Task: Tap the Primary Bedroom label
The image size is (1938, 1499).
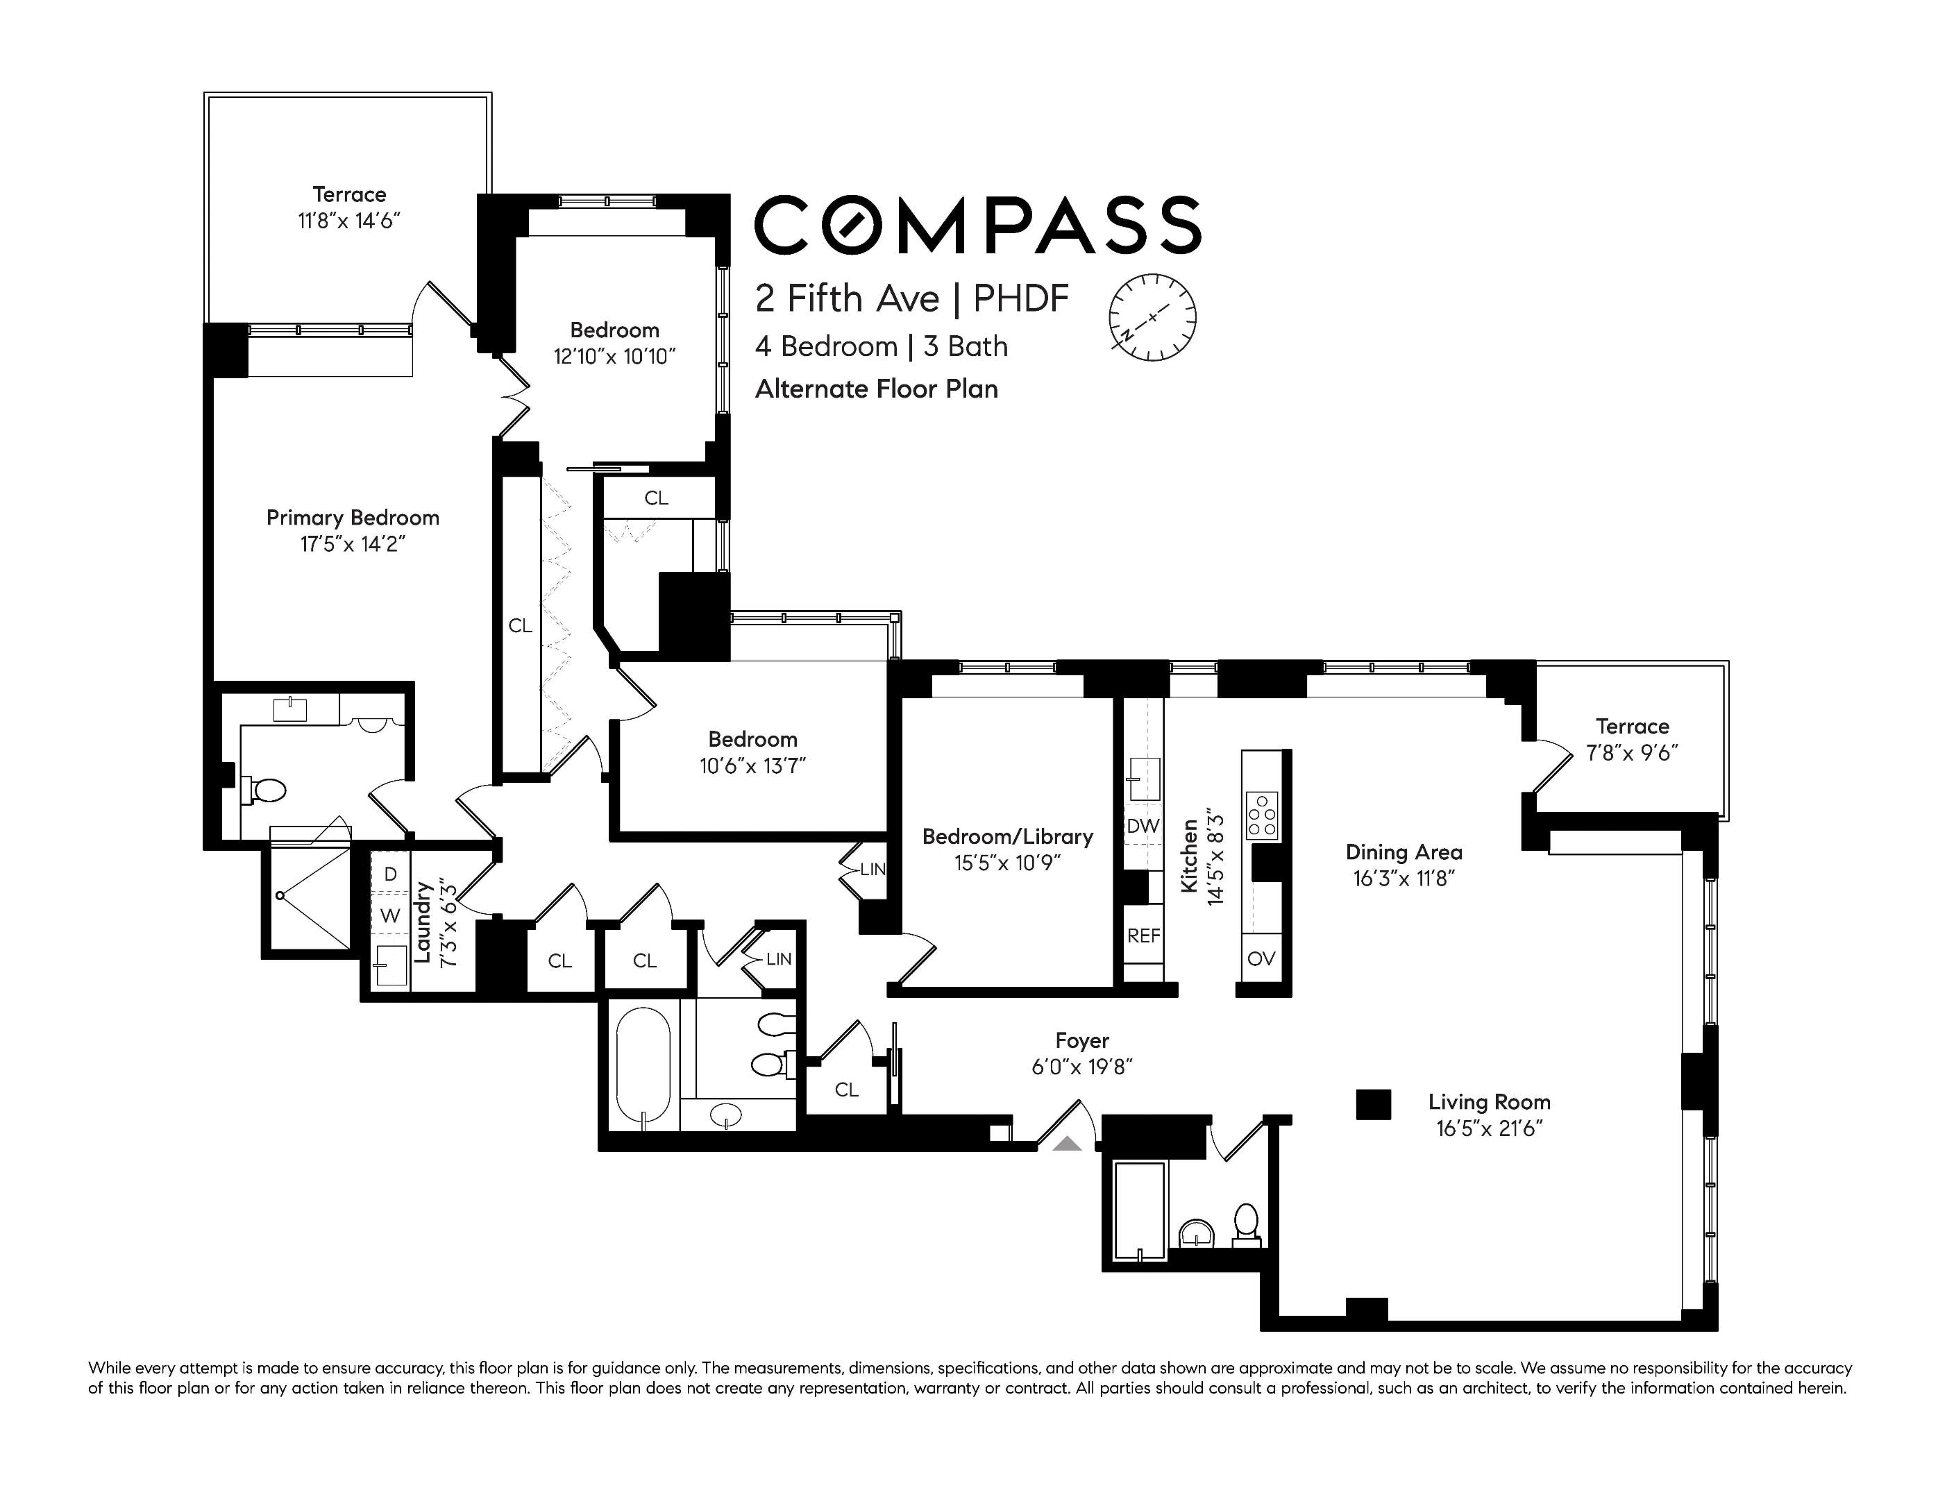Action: point(353,518)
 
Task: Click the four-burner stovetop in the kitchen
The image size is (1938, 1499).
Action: point(1262,815)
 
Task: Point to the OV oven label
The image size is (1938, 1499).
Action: point(1261,958)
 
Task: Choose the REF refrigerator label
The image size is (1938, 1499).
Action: point(1144,935)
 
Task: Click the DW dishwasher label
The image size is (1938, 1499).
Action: point(1143,826)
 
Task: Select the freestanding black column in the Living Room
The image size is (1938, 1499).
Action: point(1373,1104)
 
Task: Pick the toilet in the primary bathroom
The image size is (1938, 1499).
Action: point(264,790)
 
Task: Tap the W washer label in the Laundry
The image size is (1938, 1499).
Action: point(390,916)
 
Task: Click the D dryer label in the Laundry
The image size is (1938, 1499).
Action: point(390,874)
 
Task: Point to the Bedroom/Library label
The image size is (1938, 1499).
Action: point(1007,836)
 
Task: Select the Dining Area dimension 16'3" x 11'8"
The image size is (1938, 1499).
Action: point(1403,879)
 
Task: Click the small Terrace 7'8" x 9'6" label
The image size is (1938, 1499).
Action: point(1632,740)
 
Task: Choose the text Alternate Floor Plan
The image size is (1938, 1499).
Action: point(877,389)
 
